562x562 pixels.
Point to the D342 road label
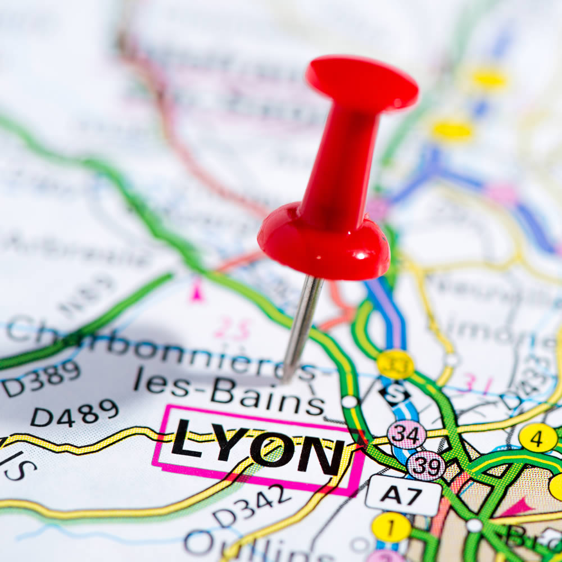pyautogui.click(x=252, y=505)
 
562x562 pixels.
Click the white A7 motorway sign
pyautogui.click(x=404, y=495)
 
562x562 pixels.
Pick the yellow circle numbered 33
pyautogui.click(x=395, y=365)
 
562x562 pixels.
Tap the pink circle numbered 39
pyautogui.click(x=425, y=465)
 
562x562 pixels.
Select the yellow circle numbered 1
pyautogui.click(x=391, y=527)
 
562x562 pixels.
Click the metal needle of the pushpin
pyautogui.click(x=302, y=326)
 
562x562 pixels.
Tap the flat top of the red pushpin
pyautogui.click(x=362, y=83)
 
